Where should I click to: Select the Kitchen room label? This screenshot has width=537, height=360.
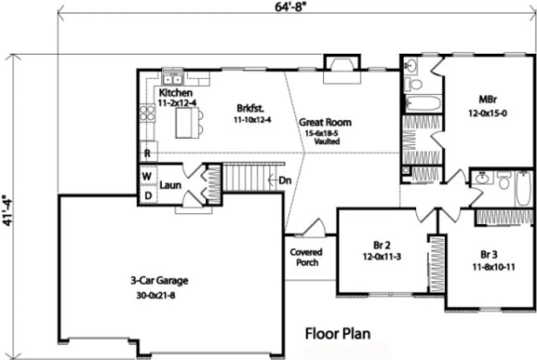click(x=176, y=93)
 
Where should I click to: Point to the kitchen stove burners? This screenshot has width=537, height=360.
click(x=147, y=113)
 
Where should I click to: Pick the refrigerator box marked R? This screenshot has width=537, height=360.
click(x=147, y=153)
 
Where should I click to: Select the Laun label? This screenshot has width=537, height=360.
click(x=170, y=185)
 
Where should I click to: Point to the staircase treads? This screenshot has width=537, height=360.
click(x=246, y=178)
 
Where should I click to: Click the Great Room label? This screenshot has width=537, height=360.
click(x=325, y=123)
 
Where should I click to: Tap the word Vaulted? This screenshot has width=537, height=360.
click(x=326, y=142)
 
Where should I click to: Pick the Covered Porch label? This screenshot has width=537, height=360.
click(x=306, y=257)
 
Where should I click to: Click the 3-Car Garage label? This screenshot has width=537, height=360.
click(x=159, y=281)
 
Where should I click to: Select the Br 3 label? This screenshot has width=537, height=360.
click(x=489, y=254)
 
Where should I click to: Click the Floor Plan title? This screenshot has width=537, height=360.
click(x=338, y=332)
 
